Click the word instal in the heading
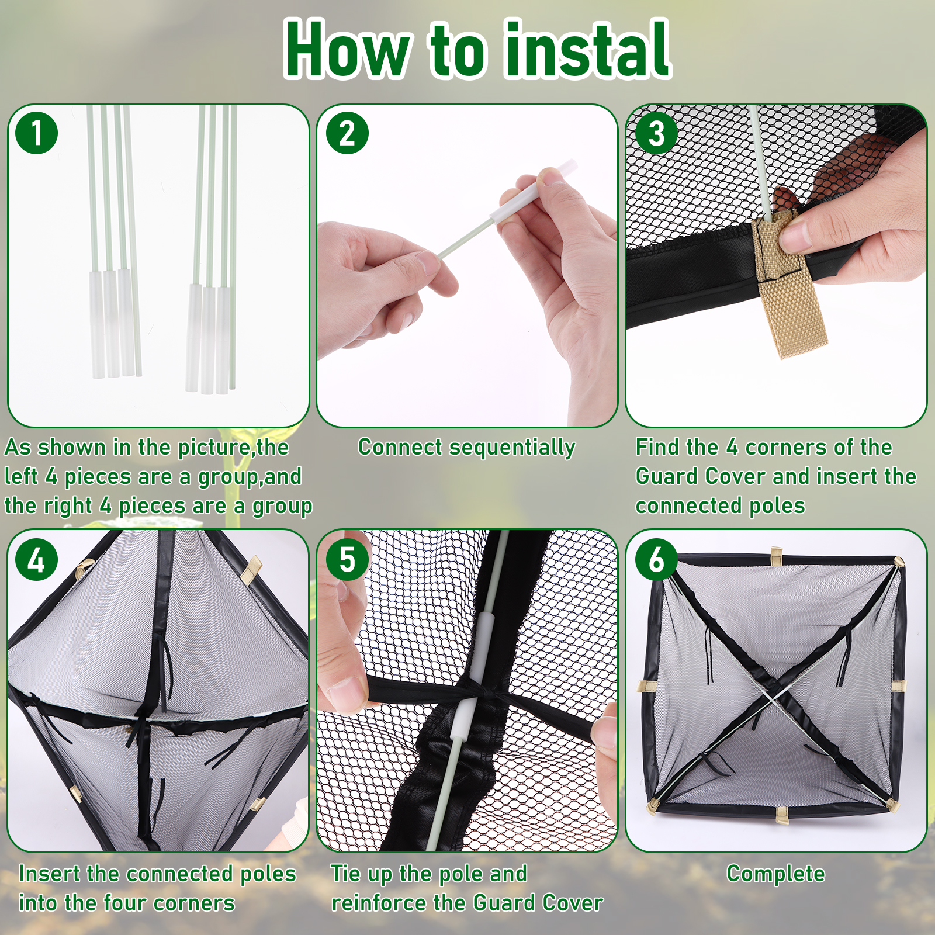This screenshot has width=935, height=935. tap(587, 49)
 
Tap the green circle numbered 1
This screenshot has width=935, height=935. tap(37, 133)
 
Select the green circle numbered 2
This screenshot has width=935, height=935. tap(347, 133)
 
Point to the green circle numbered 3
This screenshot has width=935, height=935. tap(656, 133)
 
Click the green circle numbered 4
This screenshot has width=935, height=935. tap(37, 560)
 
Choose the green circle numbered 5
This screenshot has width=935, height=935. tap(347, 560)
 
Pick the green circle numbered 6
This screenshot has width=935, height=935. tap(656, 560)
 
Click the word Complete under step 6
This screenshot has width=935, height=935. tap(775, 874)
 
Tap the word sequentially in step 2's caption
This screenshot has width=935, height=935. tap(509, 448)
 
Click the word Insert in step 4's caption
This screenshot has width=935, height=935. tap(49, 874)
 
